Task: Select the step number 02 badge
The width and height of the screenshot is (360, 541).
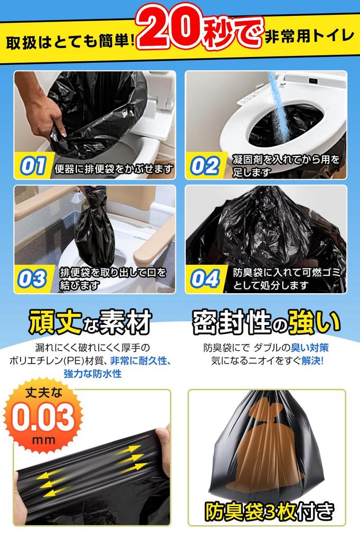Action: click(x=205, y=165)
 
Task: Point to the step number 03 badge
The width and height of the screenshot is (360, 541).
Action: click(x=33, y=279)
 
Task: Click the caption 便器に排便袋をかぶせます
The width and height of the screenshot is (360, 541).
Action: click(x=113, y=170)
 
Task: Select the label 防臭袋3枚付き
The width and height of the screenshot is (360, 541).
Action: click(x=269, y=511)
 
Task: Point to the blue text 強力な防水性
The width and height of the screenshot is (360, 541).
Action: click(x=92, y=374)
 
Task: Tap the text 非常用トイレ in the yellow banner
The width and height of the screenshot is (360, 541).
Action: click(x=309, y=36)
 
